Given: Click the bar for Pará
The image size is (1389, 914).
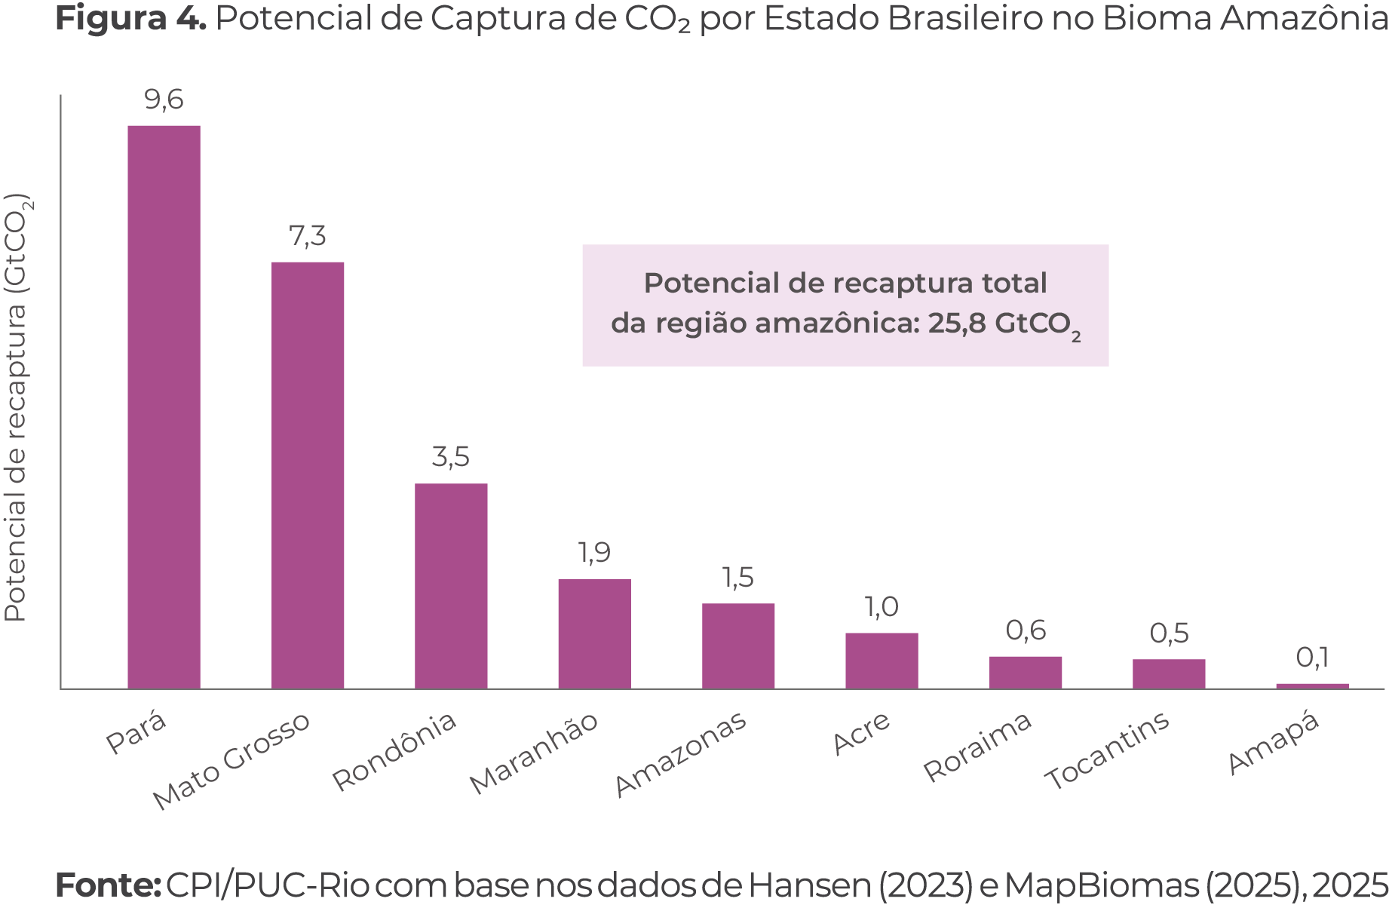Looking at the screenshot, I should (164, 406).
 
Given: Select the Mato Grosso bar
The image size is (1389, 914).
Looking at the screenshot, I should (308, 475).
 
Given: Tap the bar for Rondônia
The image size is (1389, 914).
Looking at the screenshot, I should (451, 586).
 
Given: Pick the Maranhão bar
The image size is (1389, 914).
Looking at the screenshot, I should (594, 633).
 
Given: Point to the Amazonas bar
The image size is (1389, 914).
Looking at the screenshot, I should (738, 646).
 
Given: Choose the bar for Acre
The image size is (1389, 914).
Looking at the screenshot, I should (882, 661).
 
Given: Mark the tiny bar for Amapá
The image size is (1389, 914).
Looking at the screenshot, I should (1312, 685).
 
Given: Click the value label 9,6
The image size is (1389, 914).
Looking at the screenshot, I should (164, 100).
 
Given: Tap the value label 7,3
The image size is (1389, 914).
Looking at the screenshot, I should (308, 237).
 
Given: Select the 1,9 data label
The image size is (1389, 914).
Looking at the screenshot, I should (594, 554).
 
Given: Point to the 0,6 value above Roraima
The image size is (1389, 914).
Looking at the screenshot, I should (1026, 630).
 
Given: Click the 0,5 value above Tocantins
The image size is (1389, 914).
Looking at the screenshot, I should (1169, 633).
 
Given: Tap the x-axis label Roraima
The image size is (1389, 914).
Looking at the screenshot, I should (977, 746).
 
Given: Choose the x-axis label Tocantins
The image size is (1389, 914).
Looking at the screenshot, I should (1107, 750).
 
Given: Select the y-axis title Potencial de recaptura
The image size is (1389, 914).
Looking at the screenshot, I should (17, 407).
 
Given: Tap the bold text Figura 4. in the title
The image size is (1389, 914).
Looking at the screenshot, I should (130, 20).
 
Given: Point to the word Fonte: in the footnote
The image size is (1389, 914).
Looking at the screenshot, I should (107, 886).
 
